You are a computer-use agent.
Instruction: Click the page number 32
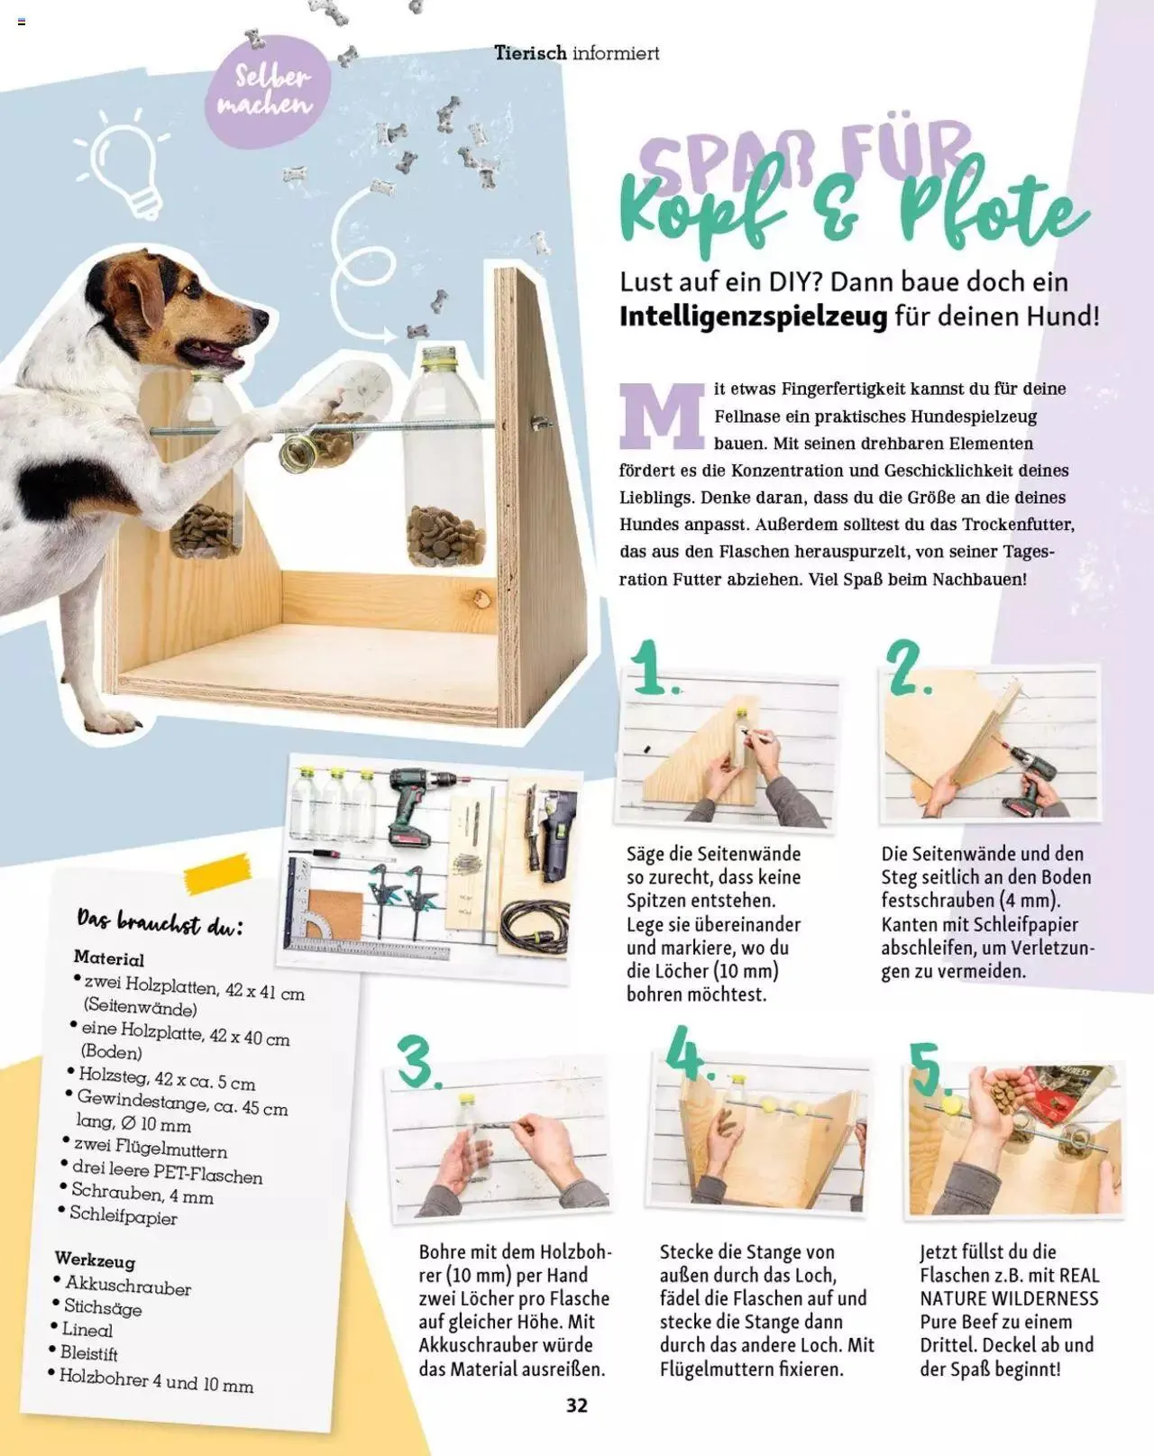[577, 1406]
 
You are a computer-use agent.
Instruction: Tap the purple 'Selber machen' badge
[268, 91]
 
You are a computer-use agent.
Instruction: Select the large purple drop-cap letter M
[662, 416]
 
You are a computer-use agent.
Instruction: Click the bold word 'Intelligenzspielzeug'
[754, 316]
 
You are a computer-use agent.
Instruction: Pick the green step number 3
[419, 1061]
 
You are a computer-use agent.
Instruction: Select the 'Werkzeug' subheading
[96, 1259]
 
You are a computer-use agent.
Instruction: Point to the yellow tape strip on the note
[218, 873]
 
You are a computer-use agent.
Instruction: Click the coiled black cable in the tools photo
[534, 926]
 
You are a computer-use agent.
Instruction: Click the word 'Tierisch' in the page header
[531, 53]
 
